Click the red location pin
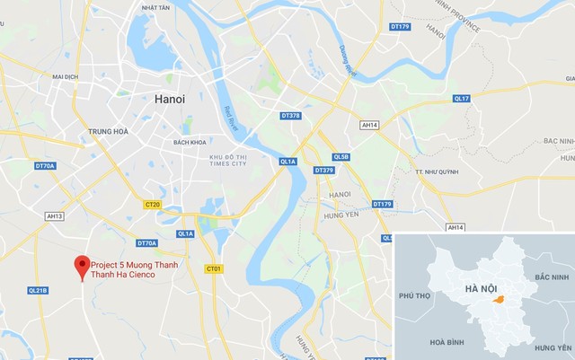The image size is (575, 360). (82, 265)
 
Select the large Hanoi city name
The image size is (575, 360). (170, 100)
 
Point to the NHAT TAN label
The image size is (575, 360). (155, 7)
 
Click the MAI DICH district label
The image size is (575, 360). (66, 77)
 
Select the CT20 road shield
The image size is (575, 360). (152, 205)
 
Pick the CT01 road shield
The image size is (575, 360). (213, 268)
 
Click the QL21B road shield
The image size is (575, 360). (38, 290)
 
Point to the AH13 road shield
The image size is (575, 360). (55, 216)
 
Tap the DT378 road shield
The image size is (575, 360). (290, 116)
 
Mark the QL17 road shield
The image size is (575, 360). (462, 98)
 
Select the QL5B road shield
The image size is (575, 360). (341, 157)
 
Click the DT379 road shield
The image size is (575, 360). (323, 171)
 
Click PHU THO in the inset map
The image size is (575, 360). (415, 295)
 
